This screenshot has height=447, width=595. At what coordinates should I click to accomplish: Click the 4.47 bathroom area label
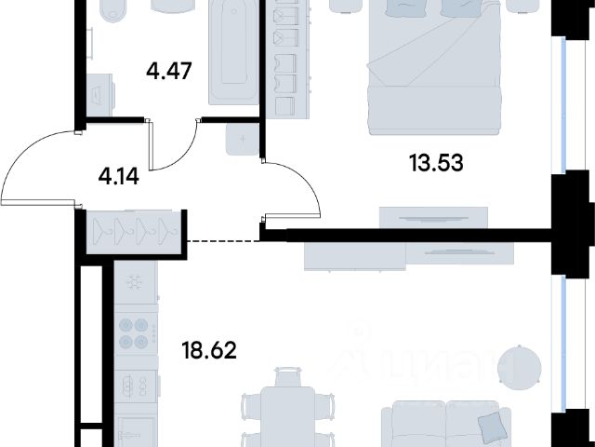pyautogui.click(x=169, y=71)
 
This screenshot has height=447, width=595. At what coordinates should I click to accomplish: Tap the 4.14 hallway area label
pyautogui.click(x=118, y=176)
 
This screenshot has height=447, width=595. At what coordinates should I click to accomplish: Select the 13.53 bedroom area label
pyautogui.click(x=436, y=163)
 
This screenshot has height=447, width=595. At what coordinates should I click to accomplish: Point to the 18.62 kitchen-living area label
pyautogui.click(x=209, y=350)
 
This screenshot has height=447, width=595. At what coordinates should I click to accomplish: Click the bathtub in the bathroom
pyautogui.click(x=233, y=52)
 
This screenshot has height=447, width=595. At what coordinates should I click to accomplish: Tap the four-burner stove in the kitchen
pyautogui.click(x=136, y=333)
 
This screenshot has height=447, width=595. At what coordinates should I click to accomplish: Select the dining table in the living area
pyautogui.click(x=287, y=416)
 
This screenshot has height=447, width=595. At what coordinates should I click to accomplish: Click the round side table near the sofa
pyautogui.click(x=520, y=368)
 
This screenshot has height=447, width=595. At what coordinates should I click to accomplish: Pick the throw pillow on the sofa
pyautogui.click(x=492, y=425)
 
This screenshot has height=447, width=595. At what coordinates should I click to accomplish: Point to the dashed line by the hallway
pyautogui.click(x=223, y=241)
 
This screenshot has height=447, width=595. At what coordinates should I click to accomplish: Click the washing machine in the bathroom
pyautogui.click(x=100, y=95)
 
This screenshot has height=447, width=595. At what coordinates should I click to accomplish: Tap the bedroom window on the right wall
pyautogui.click(x=563, y=105)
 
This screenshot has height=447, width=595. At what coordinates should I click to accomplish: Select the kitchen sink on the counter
pyautogui.click(x=136, y=386)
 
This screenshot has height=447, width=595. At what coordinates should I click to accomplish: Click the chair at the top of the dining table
pyautogui.click(x=287, y=376)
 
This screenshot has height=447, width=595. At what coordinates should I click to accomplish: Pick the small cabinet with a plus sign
pyautogui.click(x=243, y=139)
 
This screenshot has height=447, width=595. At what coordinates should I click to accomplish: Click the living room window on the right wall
pyautogui.click(x=563, y=344)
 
